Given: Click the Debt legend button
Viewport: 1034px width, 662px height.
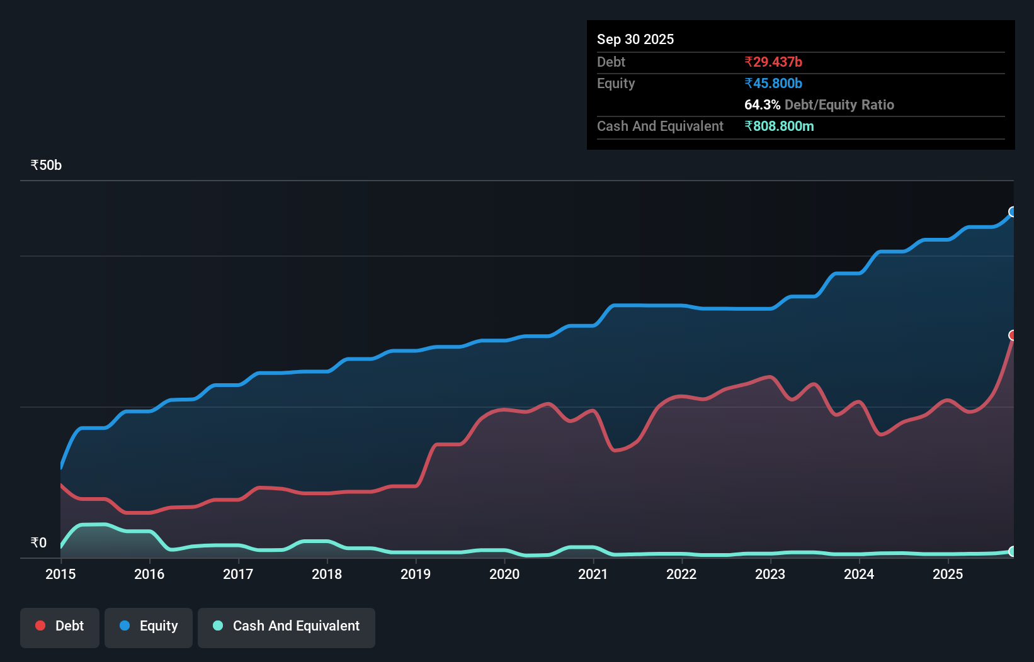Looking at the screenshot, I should (60, 626).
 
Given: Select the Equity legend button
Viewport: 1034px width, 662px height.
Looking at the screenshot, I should (149, 626).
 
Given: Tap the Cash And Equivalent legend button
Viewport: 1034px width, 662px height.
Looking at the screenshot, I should (287, 626).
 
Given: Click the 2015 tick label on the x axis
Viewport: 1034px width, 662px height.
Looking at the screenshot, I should (60, 574).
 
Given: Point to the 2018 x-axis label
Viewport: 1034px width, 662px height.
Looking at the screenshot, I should (327, 574).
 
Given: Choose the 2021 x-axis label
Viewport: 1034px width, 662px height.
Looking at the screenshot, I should (593, 574).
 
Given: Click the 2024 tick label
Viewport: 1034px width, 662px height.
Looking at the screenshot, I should (859, 574).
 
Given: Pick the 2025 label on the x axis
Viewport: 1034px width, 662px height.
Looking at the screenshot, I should (948, 574).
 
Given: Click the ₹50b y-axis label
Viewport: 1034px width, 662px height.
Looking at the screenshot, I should (46, 165).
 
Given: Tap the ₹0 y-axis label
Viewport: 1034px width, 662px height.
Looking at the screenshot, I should (38, 543).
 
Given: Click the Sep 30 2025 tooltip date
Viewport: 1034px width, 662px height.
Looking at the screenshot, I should (635, 39).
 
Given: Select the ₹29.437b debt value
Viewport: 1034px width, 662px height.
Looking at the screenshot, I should (773, 62).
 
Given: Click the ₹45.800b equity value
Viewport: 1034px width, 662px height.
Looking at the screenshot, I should (773, 83).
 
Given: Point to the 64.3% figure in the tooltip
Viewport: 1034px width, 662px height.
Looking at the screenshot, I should (762, 104).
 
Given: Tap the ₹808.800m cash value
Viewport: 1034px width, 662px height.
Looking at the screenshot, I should (779, 126).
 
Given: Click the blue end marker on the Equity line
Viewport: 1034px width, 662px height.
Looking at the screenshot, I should (1013, 211).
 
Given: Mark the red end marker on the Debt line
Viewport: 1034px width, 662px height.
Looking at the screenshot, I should (1013, 335).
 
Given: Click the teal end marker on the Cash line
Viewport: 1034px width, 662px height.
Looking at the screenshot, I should (1013, 551).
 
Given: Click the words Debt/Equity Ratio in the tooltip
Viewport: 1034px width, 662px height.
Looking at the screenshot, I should (839, 104).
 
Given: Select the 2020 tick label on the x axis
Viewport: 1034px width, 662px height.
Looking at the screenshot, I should (504, 574).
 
